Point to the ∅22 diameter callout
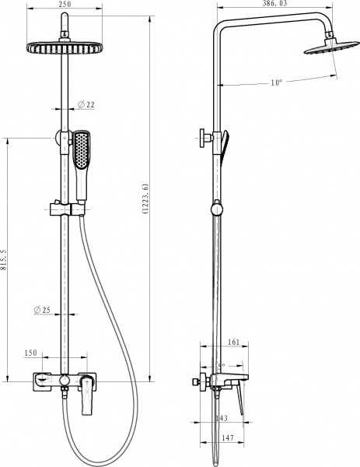86,105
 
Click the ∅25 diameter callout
42,311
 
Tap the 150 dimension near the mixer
31,353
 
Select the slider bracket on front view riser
66,208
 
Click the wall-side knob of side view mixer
194,382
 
